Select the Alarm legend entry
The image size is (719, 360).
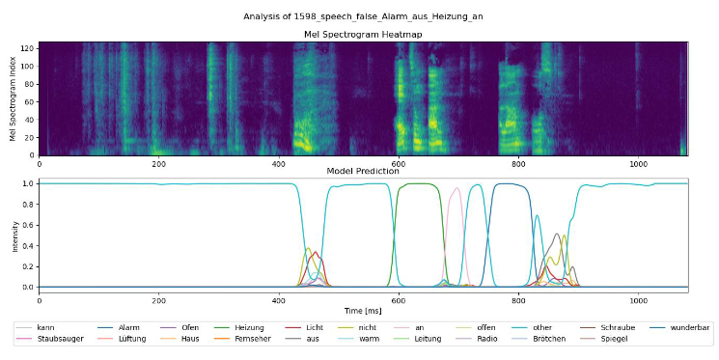point(128,327)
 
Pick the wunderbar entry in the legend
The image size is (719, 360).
point(691,327)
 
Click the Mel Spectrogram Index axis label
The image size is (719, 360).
point(14,98)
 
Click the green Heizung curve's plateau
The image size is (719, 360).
point(418,183)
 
